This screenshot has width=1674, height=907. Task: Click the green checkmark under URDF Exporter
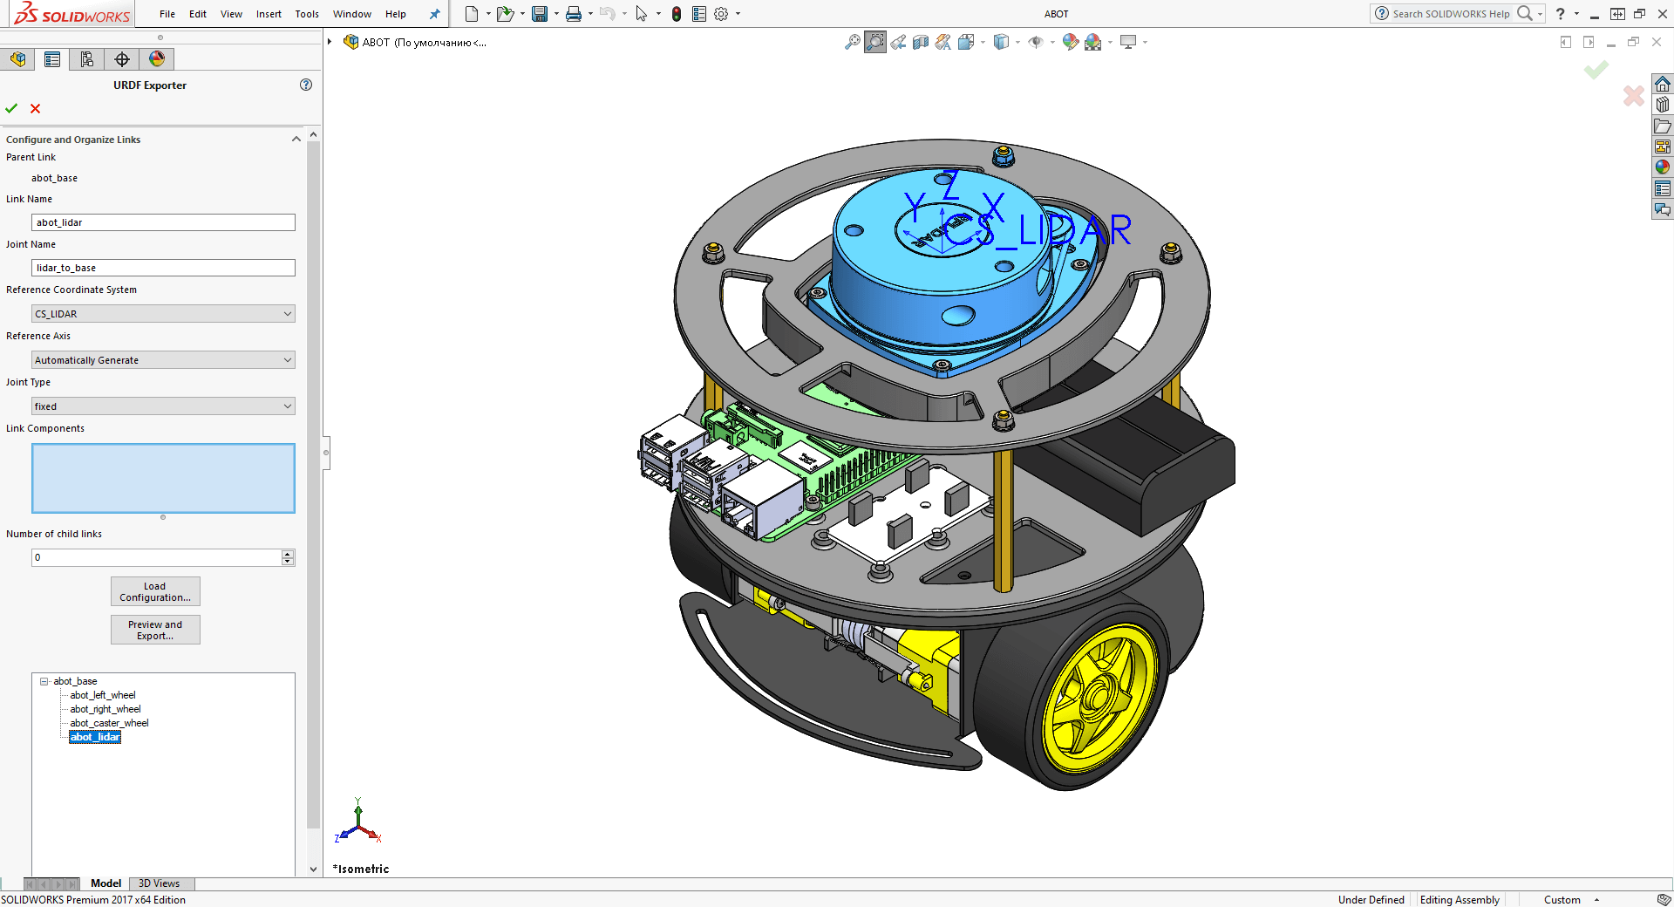pyautogui.click(x=11, y=108)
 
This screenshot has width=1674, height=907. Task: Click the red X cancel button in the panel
pyautogui.click(x=35, y=108)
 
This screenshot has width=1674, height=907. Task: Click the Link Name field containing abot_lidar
pyautogui.click(x=163, y=222)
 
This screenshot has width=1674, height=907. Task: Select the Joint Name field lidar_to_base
pyautogui.click(x=163, y=268)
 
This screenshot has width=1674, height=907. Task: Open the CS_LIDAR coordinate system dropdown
pyautogui.click(x=163, y=314)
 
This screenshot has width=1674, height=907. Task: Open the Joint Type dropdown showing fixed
pyautogui.click(x=163, y=406)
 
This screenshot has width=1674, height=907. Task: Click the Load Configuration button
pyautogui.click(x=155, y=591)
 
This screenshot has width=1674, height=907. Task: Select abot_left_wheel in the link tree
pyautogui.click(x=103, y=695)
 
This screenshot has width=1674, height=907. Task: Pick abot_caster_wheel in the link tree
pyautogui.click(x=109, y=723)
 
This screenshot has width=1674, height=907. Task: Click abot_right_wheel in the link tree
pyautogui.click(x=105, y=709)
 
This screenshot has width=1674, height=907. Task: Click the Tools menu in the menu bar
pyautogui.click(x=307, y=14)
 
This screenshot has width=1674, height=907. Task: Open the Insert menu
pyautogui.click(x=269, y=14)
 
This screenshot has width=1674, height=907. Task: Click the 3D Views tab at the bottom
pyautogui.click(x=159, y=883)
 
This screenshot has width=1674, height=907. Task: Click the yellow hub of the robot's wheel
pyautogui.click(x=1100, y=700)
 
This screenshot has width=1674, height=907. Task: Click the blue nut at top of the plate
pyautogui.click(x=1004, y=157)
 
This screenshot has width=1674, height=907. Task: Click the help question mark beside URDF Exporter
pyautogui.click(x=306, y=85)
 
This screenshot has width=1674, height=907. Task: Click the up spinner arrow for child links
pyautogui.click(x=288, y=554)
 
